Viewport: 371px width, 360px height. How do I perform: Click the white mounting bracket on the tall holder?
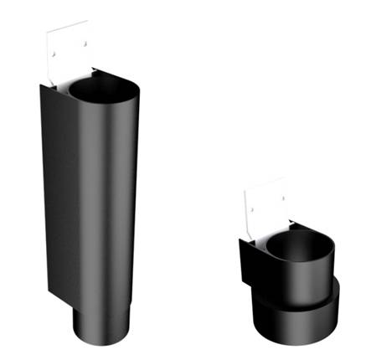(x=67, y=52)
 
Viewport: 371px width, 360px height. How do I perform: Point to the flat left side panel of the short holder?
(x=247, y=268)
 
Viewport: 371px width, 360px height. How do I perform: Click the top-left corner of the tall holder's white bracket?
(x=49, y=33)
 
